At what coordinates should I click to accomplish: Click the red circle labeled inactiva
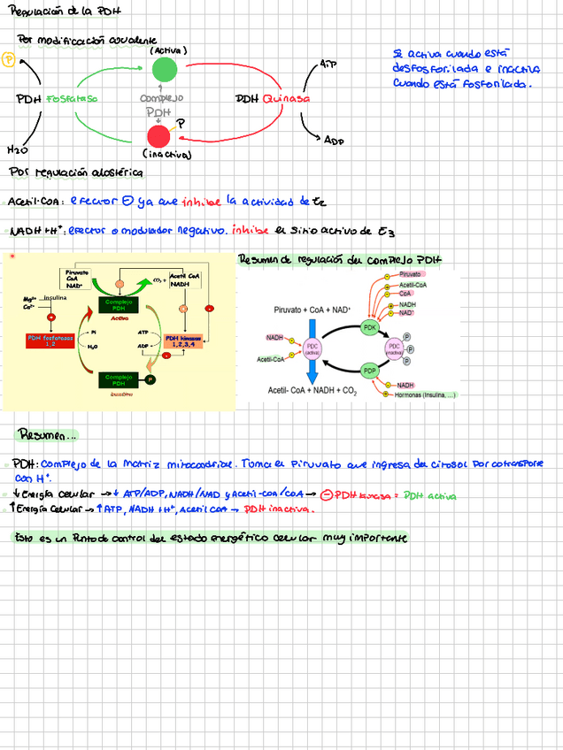pos(158,135)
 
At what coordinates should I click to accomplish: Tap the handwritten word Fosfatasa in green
pos(73,99)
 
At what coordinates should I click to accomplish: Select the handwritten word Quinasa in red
pos(285,99)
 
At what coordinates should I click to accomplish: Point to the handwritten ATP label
pos(328,65)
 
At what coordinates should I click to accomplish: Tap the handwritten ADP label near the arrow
pos(333,140)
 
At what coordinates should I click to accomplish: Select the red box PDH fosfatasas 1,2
pos(50,341)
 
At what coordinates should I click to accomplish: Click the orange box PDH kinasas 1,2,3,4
pos(183,341)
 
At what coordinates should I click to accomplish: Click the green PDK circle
pos(370,327)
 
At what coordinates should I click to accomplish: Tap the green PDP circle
pos(370,370)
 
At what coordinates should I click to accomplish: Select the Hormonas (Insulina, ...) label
pos(425,394)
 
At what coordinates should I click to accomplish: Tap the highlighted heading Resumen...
pos(48,434)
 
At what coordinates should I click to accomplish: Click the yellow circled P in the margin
pos(9,59)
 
